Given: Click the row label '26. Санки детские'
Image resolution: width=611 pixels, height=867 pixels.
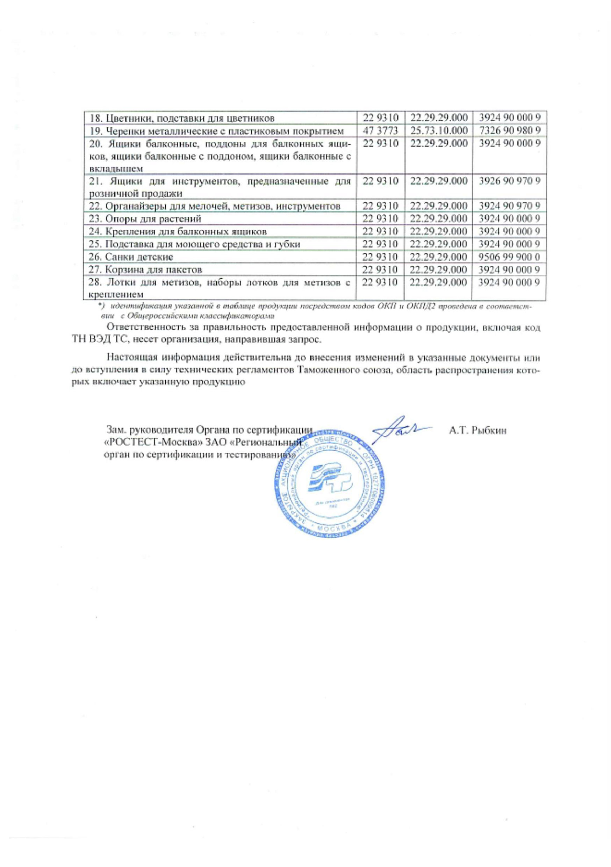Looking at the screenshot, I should (x=131, y=258).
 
